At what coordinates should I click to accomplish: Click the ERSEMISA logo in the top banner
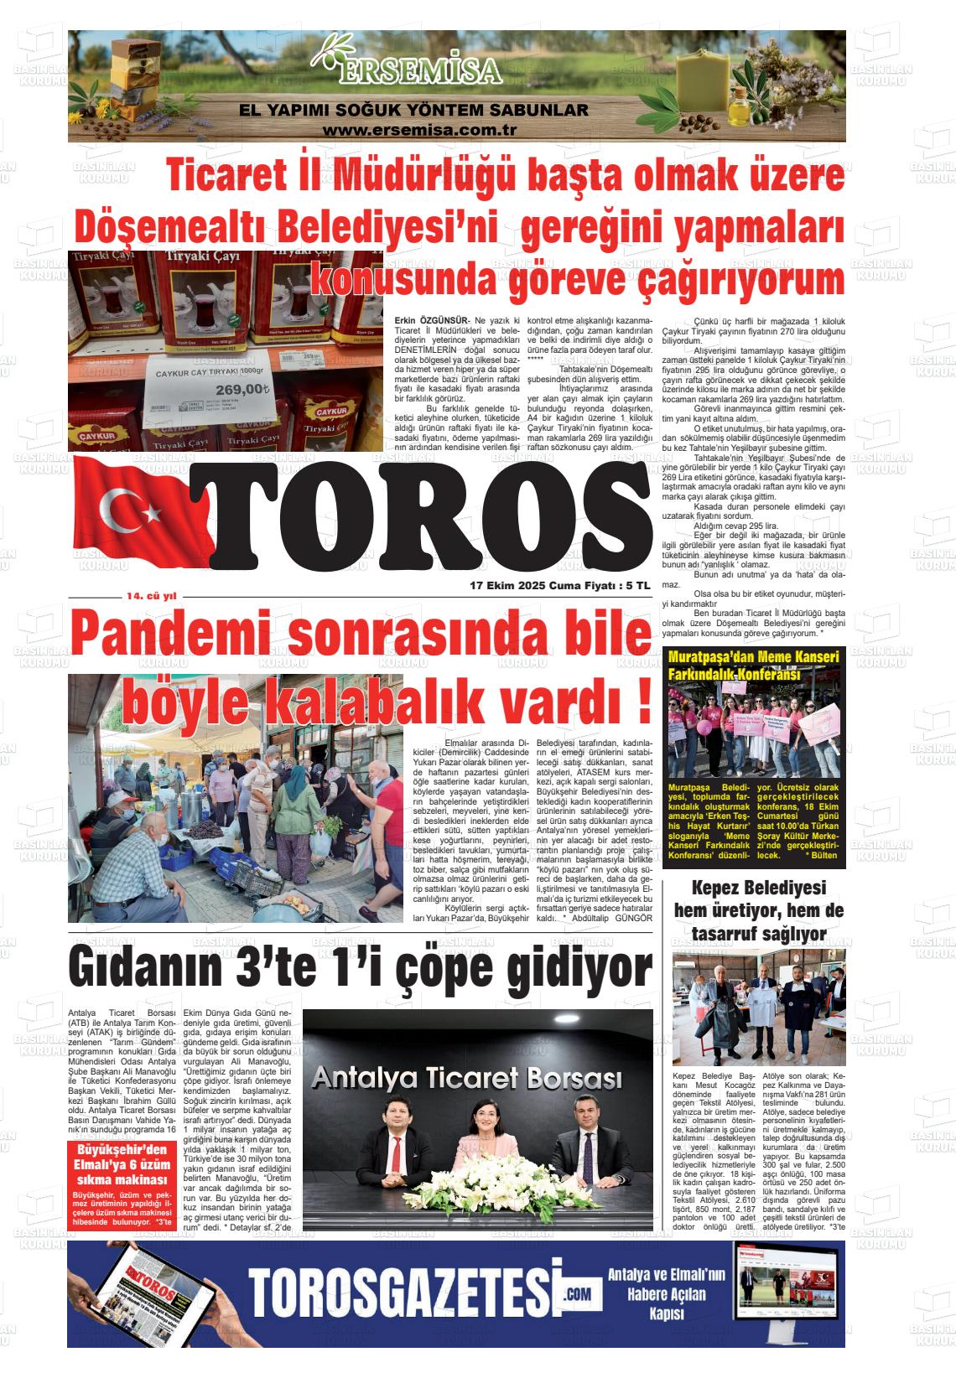417,68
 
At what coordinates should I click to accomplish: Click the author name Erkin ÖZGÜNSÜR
431,321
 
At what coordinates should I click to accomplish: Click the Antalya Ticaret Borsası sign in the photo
466,1077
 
